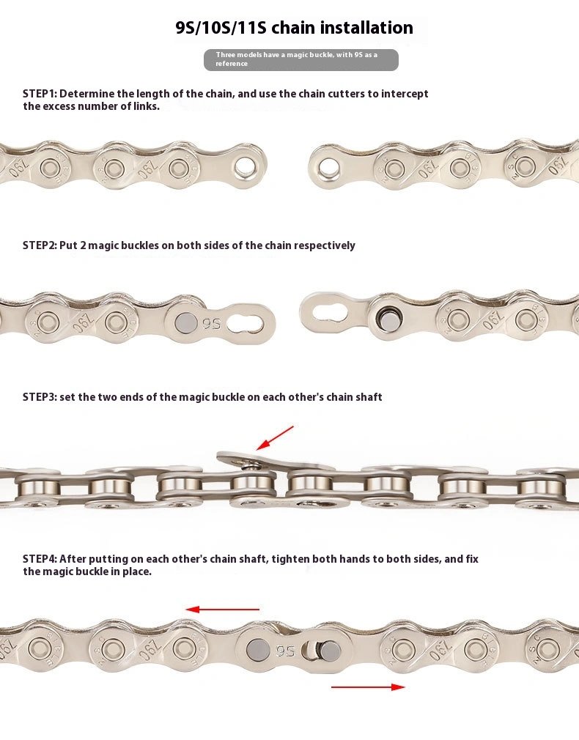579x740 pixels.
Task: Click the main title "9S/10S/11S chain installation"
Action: coord(294,28)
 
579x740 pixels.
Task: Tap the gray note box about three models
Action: coord(300,60)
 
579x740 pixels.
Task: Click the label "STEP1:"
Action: coord(40,94)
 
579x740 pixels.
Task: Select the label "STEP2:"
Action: coord(40,245)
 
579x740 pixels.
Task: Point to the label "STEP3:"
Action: coord(40,397)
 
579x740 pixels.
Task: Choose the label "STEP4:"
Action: coord(40,559)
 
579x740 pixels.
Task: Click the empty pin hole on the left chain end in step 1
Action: coord(245,166)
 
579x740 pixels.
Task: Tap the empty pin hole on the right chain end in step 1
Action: coord(328,167)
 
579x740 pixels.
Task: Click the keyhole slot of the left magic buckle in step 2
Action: coord(245,323)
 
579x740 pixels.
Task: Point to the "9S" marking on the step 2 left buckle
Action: coord(212,323)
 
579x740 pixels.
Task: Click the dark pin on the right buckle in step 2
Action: coord(388,319)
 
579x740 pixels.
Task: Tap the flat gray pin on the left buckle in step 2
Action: coord(186,323)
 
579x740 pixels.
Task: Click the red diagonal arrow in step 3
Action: coord(275,438)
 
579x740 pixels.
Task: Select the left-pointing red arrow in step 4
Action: coord(222,610)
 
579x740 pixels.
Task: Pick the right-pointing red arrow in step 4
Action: coord(368,687)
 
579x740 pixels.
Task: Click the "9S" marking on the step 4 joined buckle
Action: coord(285,651)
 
